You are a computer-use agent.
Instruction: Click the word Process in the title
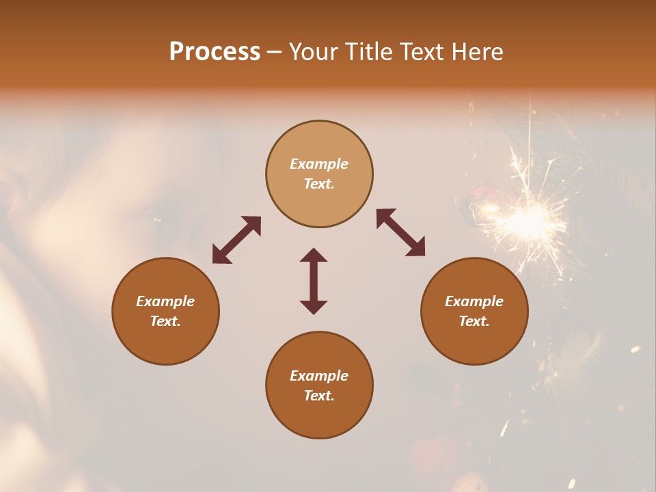coord(215,52)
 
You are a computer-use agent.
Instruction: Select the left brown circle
coord(165,312)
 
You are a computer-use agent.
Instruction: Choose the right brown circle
coord(474,312)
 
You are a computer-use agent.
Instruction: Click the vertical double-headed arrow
coord(314,281)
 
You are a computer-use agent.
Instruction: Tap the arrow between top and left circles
coord(236,240)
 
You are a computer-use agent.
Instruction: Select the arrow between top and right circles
coord(400,232)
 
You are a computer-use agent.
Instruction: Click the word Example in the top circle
coord(319,164)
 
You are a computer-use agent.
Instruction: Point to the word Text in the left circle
coord(165,321)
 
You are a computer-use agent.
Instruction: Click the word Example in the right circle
coord(474,301)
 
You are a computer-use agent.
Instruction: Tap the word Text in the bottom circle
coord(319,396)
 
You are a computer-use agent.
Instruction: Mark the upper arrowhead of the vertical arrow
coord(314,256)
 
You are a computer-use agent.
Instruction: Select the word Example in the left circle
coord(165,301)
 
